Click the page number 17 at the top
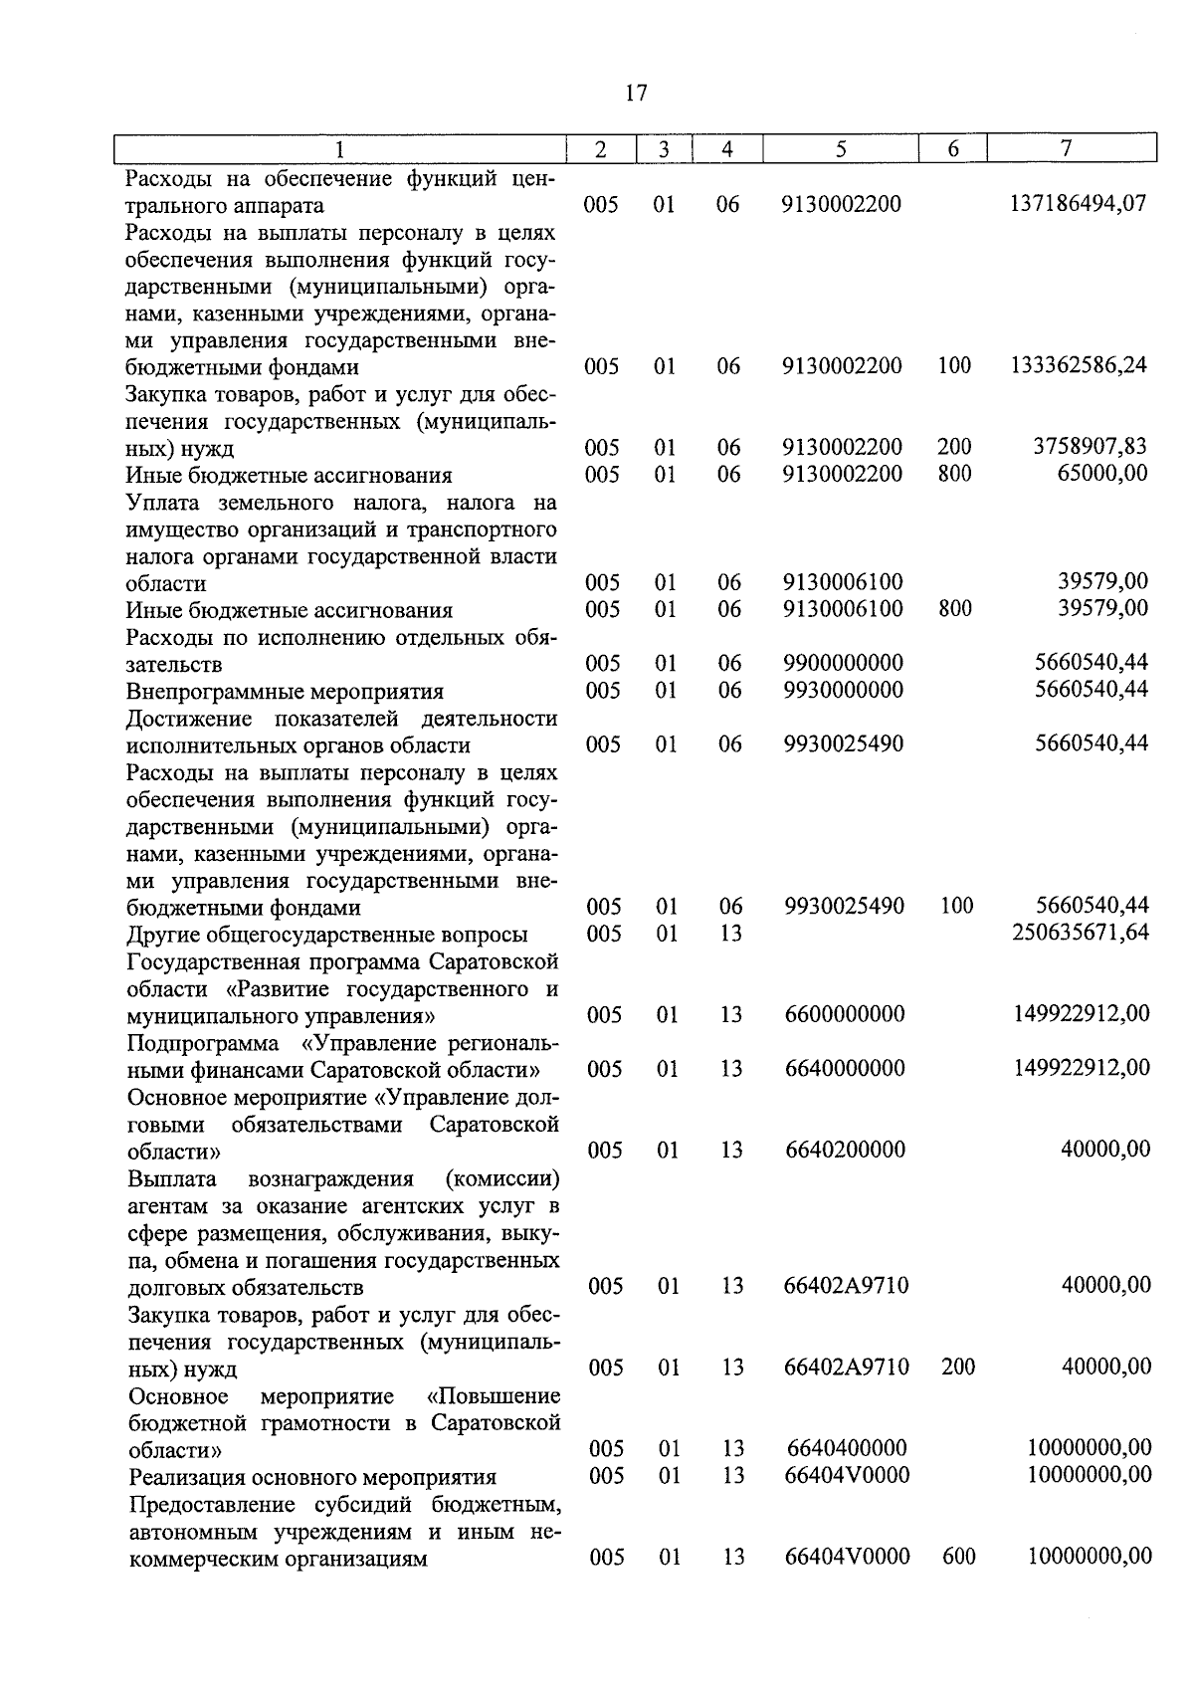coord(637,94)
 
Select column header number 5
coord(842,149)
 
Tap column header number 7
coord(1066,148)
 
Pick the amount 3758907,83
coord(1092,447)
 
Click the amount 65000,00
coord(1102,474)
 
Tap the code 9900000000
coord(844,663)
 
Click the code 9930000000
coord(844,690)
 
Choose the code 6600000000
coord(845,1014)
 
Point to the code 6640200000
coord(845,1150)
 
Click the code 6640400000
coord(847,1448)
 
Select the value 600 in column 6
coord(959,1557)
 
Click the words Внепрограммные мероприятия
coord(285,691)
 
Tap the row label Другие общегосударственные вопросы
coord(327,935)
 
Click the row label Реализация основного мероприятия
coord(312,1477)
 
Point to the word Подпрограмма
coord(203,1043)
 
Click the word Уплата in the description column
coord(163,502)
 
